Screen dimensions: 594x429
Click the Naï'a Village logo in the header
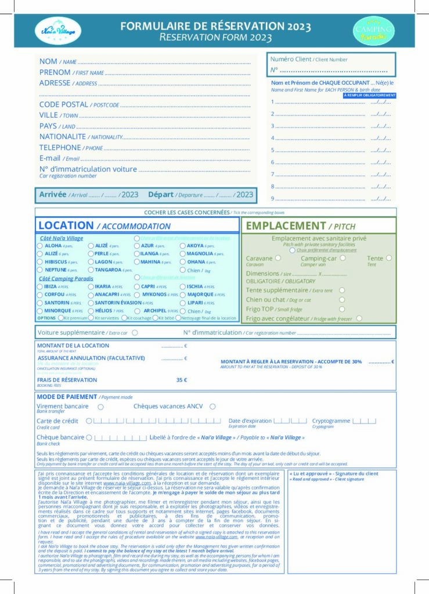pyautogui.click(x=55, y=30)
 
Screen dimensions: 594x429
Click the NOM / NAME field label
pyautogui.click(x=48, y=61)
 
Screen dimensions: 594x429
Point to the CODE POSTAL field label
pyautogui.click(x=64, y=104)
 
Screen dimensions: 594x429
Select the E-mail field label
pyautogui.click(x=50, y=158)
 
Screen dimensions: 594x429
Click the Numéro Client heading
pyautogui.click(x=291, y=59)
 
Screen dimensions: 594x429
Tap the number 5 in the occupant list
pyautogui.click(x=272, y=150)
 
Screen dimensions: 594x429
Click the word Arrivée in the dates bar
pyautogui.click(x=53, y=194)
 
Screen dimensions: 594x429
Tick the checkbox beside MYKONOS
pyautogui.click(x=138, y=295)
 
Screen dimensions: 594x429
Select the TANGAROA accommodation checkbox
pyautogui.click(x=91, y=270)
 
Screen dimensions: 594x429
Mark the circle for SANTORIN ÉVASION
pyautogui.click(x=91, y=303)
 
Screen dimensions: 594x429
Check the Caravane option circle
pyautogui.click(x=277, y=258)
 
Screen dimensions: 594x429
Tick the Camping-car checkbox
pyautogui.click(x=343, y=258)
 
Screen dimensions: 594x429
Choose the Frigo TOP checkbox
pyautogui.click(x=342, y=309)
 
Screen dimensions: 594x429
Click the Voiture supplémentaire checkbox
pyautogui.click(x=135, y=333)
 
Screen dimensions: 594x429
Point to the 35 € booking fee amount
pyautogui.click(x=181, y=380)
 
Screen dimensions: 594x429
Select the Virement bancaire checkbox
pyautogui.click(x=101, y=407)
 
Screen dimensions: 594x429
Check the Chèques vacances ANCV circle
pyautogui.click(x=212, y=407)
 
